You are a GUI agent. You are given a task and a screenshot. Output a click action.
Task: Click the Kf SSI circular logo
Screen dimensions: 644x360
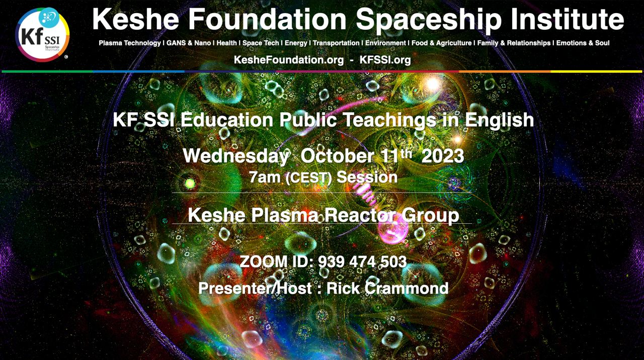point(42,35)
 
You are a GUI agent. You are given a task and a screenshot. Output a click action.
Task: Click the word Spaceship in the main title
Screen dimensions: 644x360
point(424,19)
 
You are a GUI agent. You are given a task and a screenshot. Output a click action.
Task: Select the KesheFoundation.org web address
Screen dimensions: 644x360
point(289,60)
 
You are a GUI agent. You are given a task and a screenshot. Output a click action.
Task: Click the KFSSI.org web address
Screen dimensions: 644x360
point(385,60)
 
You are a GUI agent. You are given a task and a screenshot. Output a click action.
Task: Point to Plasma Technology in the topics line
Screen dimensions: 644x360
point(130,43)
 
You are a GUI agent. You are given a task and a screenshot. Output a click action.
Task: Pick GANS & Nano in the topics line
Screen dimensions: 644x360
point(189,43)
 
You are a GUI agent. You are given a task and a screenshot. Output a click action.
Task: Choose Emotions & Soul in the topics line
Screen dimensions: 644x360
point(583,43)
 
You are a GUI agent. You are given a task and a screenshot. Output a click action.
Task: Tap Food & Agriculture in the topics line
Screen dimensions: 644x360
point(442,43)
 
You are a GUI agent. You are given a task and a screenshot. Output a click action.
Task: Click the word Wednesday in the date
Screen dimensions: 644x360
point(236,156)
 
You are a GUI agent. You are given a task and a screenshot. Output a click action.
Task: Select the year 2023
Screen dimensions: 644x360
point(443,156)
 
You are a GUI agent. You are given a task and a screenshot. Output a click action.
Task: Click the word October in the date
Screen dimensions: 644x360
point(338,156)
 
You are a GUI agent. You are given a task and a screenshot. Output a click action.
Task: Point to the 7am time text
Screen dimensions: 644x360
point(265,177)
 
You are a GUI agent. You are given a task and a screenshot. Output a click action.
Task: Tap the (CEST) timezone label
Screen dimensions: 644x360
point(309,178)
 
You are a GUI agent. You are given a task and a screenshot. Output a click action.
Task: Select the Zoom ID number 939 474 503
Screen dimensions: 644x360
point(363,261)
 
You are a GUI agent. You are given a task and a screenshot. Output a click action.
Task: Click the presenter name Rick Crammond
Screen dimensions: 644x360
point(387,288)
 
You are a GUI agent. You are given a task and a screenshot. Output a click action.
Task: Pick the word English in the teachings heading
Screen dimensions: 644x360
point(500,120)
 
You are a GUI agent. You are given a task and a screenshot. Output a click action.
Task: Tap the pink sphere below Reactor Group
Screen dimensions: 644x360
point(393,231)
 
